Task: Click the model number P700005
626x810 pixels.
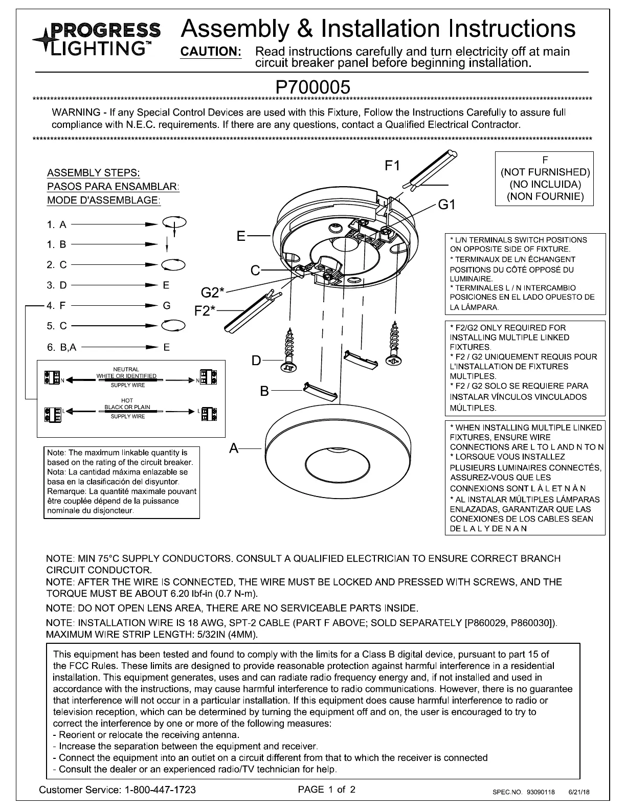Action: pyautogui.click(x=313, y=87)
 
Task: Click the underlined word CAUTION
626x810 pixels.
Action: pyautogui.click(x=211, y=52)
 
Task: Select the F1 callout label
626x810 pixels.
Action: pyautogui.click(x=392, y=165)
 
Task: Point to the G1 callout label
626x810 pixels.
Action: pyautogui.click(x=447, y=205)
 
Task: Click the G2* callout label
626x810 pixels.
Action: pyautogui.click(x=212, y=292)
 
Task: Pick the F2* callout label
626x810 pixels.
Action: pyautogui.click(x=205, y=310)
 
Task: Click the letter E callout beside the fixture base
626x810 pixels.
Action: pyautogui.click(x=241, y=236)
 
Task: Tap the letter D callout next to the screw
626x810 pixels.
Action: pyautogui.click(x=256, y=361)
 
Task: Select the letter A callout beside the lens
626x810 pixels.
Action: pyautogui.click(x=234, y=448)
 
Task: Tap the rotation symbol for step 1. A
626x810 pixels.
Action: pyautogui.click(x=174, y=223)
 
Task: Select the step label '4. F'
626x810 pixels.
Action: pyautogui.click(x=56, y=306)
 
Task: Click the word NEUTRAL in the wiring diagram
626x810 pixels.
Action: pyautogui.click(x=126, y=369)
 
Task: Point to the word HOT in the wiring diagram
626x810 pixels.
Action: pyautogui.click(x=127, y=400)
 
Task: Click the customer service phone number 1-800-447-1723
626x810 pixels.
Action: pyautogui.click(x=160, y=790)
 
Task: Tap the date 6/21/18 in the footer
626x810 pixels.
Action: pyautogui.click(x=579, y=792)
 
